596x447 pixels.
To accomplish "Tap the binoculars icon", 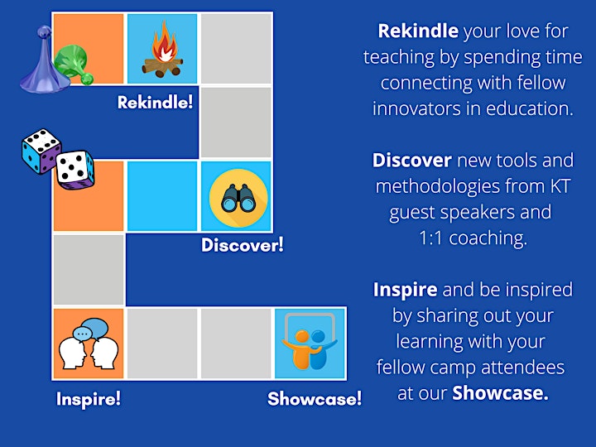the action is coord(238,198).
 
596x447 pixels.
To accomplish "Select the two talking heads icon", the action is coord(89,344).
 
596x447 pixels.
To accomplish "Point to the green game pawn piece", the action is coord(74,64).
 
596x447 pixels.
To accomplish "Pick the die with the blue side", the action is coord(41,151).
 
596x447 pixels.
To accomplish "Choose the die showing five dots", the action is coord(75,170).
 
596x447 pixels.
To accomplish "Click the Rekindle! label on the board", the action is coord(155,103).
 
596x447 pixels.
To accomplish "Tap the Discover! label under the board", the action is coord(242,245).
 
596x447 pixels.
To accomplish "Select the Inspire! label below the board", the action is coord(89,399).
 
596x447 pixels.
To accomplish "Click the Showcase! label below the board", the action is coord(315,399).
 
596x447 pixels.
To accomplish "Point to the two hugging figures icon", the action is coord(310,342).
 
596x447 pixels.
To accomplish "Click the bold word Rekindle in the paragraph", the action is coord(418,31).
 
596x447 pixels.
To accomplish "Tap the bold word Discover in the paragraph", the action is coord(412,161).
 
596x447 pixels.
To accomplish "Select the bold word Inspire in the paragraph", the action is coord(405,290).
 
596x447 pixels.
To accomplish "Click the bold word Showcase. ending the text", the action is coord(500,393).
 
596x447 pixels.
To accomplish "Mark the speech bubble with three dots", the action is coord(83,334).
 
